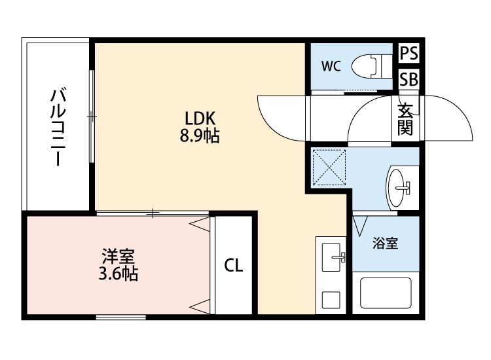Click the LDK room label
coord(200,118)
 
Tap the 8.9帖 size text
coord(200,137)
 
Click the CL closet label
coord(234,266)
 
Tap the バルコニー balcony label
coord(58,128)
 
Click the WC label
coord(331,65)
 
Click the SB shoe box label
coord(409,79)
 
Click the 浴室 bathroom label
coord(385,244)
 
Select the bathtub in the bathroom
coord(386,293)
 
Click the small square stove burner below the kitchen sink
coord(331,298)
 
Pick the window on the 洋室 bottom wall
coord(121,317)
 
